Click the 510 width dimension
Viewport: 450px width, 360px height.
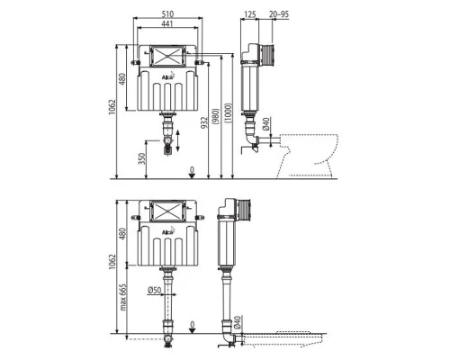coord(168,14)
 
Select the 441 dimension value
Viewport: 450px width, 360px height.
coord(168,25)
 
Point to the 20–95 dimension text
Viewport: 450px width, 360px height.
coord(279,14)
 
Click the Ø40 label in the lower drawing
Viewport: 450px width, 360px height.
coord(236,322)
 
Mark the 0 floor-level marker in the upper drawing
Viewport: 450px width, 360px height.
coord(192,168)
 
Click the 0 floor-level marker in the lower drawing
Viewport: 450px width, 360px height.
coord(192,326)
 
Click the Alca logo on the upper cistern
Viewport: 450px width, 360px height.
coord(168,77)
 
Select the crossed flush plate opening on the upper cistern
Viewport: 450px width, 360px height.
coord(168,54)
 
